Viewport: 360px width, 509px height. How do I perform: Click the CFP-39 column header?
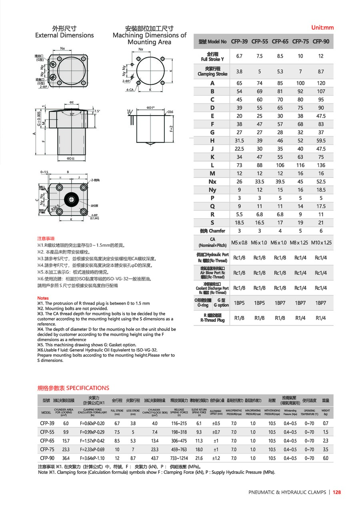pyautogui.click(x=239, y=41)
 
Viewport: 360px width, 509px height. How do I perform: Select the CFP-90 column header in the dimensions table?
pyautogui.click(x=321, y=41)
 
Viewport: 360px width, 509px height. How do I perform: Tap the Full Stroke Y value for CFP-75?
pyautogui.click(x=300, y=56)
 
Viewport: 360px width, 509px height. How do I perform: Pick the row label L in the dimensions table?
pyautogui.click(x=212, y=165)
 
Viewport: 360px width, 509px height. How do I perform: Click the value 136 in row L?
pyautogui.click(x=321, y=165)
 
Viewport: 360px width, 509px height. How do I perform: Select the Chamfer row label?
pyautogui.click(x=212, y=231)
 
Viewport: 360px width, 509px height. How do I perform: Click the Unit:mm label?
pyautogui.click(x=322, y=28)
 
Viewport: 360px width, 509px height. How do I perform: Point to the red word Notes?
pyautogui.click(x=43, y=298)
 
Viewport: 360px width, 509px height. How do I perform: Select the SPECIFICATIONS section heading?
pyautogui.click(x=73, y=388)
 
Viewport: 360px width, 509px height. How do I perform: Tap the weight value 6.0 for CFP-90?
pyautogui.click(x=326, y=458)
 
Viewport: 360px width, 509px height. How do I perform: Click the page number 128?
pyautogui.click(x=336, y=493)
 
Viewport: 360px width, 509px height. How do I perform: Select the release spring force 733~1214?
pyautogui.click(x=179, y=458)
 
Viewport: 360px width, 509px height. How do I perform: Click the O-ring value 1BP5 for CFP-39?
pyautogui.click(x=239, y=303)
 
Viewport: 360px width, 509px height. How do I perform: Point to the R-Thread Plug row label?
pyautogui.click(x=212, y=318)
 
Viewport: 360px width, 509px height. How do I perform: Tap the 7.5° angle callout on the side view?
pyautogui.click(x=97, y=111)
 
